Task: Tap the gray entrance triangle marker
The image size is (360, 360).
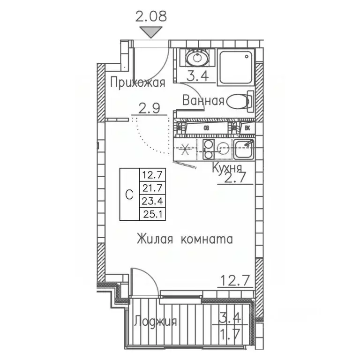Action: click(151, 32)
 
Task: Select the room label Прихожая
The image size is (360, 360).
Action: click(137, 83)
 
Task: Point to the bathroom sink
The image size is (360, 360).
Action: click(196, 59)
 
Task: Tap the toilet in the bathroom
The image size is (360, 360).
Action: click(239, 101)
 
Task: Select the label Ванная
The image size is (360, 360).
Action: click(202, 101)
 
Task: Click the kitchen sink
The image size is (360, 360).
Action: click(244, 150)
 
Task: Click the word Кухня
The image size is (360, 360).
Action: click(227, 168)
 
